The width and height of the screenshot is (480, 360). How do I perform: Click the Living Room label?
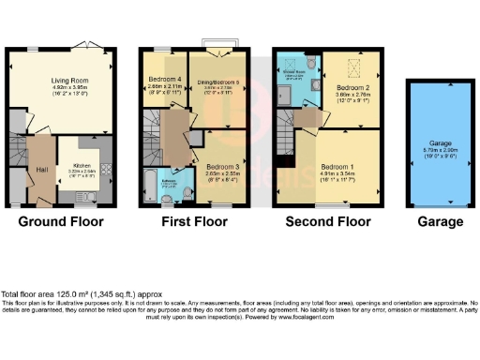pyautogui.click(x=64, y=82)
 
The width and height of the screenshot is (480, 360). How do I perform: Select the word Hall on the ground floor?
pyautogui.click(x=41, y=169)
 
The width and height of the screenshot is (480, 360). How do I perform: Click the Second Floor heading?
pyautogui.click(x=327, y=222)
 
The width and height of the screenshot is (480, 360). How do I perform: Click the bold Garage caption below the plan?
pyautogui.click(x=440, y=222)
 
